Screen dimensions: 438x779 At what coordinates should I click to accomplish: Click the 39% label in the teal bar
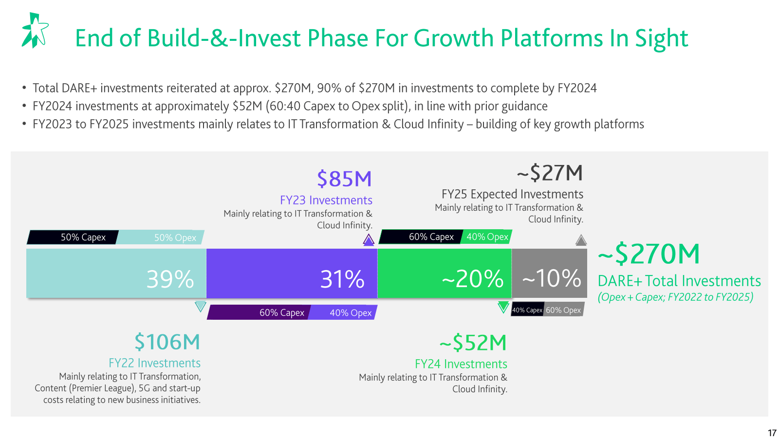pyautogui.click(x=170, y=279)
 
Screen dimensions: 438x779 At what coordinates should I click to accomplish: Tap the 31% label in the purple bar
pyautogui.click(x=342, y=279)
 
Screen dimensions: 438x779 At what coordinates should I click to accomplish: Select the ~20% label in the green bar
pyautogui.click(x=472, y=279)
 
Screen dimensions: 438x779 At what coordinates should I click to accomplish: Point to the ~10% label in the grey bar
pyautogui.click(x=552, y=279)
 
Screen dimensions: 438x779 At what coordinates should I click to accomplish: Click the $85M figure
pyautogui.click(x=344, y=179)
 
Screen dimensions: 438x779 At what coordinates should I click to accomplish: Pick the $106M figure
pyautogui.click(x=167, y=342)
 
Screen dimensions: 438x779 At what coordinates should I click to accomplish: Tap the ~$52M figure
pyautogui.click(x=473, y=343)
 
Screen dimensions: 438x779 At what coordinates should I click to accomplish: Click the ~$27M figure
pyautogui.click(x=550, y=173)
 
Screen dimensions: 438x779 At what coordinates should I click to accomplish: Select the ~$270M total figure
pyautogui.click(x=649, y=254)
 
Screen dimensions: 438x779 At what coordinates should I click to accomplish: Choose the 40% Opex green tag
pyautogui.click(x=487, y=237)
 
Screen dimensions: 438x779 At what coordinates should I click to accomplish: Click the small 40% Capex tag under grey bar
pyautogui.click(x=527, y=310)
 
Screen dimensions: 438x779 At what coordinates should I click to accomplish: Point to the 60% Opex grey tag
pyautogui.click(x=563, y=310)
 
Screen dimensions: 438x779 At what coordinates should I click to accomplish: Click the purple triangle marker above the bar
pyautogui.click(x=369, y=239)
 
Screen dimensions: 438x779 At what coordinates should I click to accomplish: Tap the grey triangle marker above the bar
pyautogui.click(x=581, y=240)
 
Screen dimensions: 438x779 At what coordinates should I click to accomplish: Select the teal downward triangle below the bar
pyautogui.click(x=200, y=307)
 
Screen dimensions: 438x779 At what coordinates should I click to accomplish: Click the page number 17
pyautogui.click(x=772, y=433)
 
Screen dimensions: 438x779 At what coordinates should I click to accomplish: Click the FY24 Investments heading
pyautogui.click(x=461, y=364)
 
